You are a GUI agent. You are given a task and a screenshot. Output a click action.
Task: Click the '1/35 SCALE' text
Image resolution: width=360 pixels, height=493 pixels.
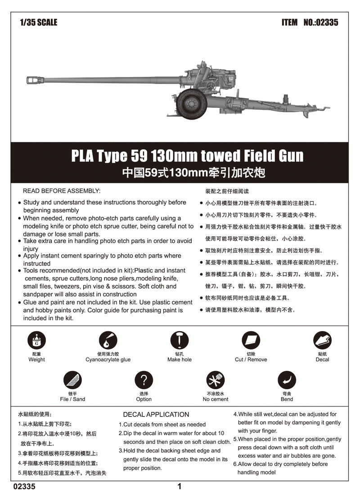[39, 22]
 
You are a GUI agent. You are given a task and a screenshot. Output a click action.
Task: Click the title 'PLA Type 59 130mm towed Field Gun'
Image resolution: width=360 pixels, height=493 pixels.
[187, 156]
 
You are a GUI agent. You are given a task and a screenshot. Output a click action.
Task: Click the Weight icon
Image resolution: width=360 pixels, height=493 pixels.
[36, 341]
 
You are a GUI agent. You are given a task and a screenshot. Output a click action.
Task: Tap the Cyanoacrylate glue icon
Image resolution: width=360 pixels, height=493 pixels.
[108, 341]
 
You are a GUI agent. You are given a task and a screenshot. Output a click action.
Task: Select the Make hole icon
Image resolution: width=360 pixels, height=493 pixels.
[180, 341]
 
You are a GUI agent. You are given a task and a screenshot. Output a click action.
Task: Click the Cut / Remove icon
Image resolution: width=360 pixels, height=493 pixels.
[251, 341]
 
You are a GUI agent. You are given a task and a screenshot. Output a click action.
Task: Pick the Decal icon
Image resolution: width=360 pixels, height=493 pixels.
[322, 341]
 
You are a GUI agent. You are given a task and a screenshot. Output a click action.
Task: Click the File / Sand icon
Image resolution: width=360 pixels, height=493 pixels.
[72, 380]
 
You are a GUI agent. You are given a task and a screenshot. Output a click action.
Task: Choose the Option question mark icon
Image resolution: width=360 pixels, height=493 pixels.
[144, 380]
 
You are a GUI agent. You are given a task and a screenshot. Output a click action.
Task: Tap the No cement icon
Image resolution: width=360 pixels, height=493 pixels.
[215, 380]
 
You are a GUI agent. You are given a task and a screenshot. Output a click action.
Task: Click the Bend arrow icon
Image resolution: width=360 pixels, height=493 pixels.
[287, 380]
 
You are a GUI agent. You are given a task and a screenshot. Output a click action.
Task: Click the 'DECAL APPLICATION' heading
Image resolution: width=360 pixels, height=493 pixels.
[156, 414]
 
